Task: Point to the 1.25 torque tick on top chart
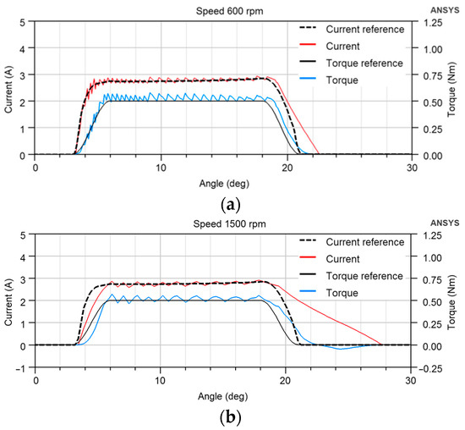(432, 21)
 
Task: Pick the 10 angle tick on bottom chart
(161, 380)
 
